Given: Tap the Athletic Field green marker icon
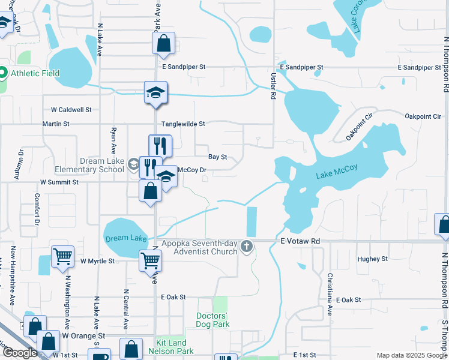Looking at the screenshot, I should coord(2,74).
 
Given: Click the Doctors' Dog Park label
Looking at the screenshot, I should coord(212,320).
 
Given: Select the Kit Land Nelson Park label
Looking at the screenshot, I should coord(175,347).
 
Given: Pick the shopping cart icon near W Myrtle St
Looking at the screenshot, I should coord(62,257).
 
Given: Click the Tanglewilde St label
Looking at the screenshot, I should coord(183,124).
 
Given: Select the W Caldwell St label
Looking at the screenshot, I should coord(71,110).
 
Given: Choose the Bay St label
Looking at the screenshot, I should coord(217,157).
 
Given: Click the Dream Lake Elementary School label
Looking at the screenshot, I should coord(103,165).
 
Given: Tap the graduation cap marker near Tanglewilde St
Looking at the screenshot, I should coord(155,92).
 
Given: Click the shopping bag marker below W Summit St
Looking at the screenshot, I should coord(150,191).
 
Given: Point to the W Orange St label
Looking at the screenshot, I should coord(83,335).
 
